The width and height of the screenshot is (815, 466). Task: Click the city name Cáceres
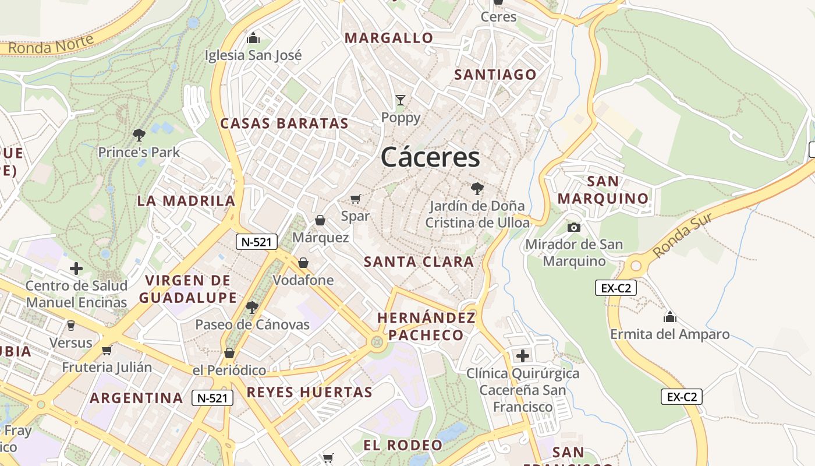(431, 157)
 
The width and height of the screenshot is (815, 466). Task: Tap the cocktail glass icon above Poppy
(401, 100)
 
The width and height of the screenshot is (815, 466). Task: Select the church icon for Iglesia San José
(253, 38)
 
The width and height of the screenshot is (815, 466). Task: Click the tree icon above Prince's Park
(139, 135)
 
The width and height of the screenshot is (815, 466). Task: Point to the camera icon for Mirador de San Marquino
(574, 227)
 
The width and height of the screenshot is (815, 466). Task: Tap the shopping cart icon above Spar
(356, 199)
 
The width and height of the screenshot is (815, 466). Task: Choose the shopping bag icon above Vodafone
(303, 263)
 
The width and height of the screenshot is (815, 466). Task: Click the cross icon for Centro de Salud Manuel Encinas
(76, 269)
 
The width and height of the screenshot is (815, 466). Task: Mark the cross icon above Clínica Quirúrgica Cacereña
(523, 355)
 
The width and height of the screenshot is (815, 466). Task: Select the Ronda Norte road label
(51, 45)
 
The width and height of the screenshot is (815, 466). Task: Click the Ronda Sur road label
(682, 235)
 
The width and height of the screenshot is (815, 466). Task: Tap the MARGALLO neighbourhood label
(389, 38)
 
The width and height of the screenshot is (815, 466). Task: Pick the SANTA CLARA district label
(419, 262)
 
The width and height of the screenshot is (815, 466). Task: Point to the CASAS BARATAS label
(284, 123)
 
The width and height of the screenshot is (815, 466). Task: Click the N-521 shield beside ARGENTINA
(212, 398)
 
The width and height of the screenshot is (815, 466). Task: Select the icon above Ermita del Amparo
(670, 317)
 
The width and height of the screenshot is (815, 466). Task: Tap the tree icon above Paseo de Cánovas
(252, 307)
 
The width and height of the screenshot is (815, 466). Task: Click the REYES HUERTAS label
(309, 392)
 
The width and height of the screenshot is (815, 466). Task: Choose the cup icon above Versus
(71, 325)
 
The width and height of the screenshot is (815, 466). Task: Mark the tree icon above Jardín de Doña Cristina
(477, 188)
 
